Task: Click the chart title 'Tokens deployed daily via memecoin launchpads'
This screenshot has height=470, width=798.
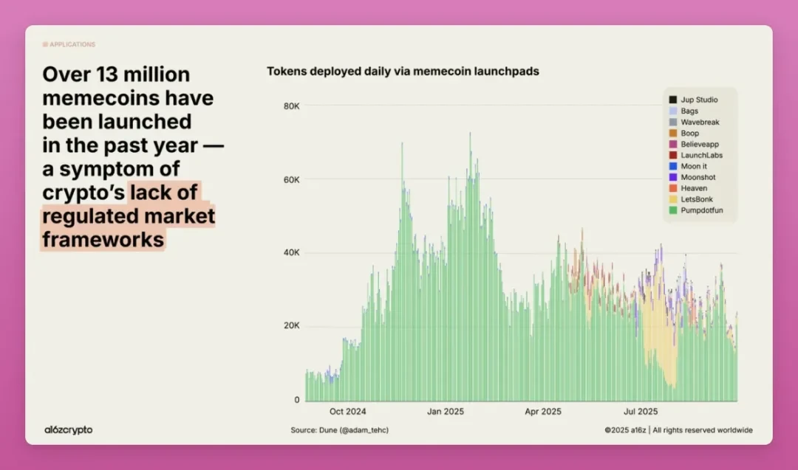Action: [x=403, y=72]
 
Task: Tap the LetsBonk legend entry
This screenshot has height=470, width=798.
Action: [x=698, y=199]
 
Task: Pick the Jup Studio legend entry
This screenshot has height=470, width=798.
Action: [x=698, y=100]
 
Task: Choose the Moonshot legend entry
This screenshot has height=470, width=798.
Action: [x=698, y=177]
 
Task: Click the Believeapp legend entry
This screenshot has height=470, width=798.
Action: [x=699, y=144]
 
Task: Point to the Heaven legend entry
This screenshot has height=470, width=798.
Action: [x=694, y=188]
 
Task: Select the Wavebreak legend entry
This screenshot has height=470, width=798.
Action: [x=699, y=122]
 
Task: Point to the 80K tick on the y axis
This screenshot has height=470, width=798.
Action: [x=291, y=106]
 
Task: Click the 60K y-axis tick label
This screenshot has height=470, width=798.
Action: [x=291, y=179]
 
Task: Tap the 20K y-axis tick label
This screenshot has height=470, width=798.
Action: [x=291, y=326]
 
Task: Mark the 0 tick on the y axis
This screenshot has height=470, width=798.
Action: [x=297, y=400]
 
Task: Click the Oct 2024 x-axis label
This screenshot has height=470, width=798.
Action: [x=347, y=412]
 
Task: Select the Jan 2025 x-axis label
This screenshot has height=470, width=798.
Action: [x=446, y=412]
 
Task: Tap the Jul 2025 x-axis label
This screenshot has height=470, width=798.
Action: [x=641, y=412]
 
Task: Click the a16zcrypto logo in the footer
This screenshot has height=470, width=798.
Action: [x=69, y=429]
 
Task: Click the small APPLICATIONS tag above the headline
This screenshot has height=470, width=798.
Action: [x=69, y=44]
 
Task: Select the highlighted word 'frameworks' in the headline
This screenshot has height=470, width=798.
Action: [x=103, y=240]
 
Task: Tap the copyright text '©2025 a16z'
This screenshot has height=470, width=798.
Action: [x=625, y=430]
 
